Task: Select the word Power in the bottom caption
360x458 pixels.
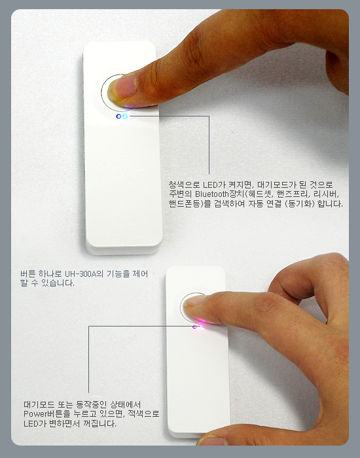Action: coord(33,414)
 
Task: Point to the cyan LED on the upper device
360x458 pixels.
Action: coord(125,116)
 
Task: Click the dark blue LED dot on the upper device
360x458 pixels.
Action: coord(118,116)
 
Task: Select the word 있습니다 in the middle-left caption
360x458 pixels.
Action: coord(58,283)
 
